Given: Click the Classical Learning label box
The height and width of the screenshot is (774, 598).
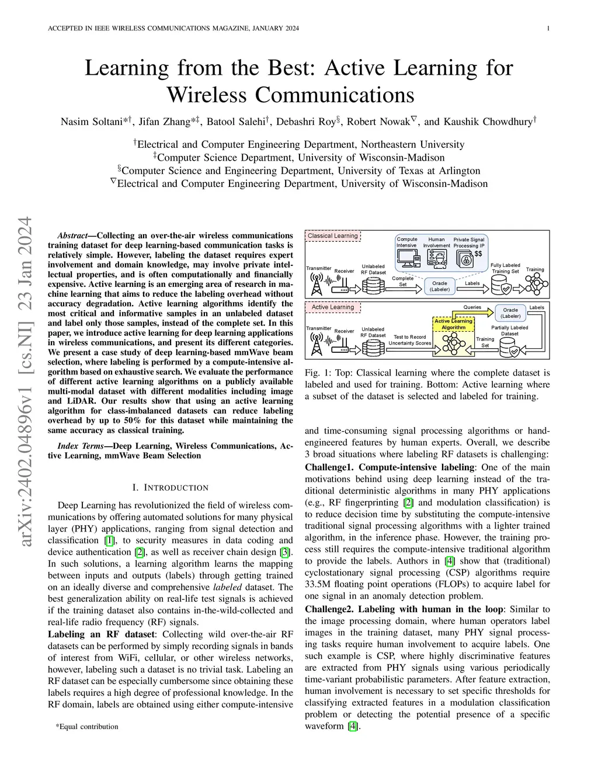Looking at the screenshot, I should click(x=333, y=236).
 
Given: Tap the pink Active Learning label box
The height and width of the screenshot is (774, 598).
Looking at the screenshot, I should click(x=333, y=307).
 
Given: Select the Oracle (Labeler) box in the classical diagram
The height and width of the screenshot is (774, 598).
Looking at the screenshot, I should click(x=440, y=286).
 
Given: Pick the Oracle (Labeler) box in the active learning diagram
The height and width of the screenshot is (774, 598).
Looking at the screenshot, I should click(x=510, y=313).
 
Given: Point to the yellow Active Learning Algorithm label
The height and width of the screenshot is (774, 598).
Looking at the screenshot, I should click(x=453, y=324).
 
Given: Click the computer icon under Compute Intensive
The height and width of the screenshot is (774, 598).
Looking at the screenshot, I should click(x=406, y=259).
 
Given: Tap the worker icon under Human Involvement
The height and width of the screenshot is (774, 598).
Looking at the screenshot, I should click(x=436, y=259).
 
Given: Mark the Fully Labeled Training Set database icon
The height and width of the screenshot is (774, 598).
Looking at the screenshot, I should click(x=503, y=285).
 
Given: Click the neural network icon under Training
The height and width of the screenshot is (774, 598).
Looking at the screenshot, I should click(x=536, y=284).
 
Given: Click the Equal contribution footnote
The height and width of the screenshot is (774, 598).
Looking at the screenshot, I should click(x=87, y=727).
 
